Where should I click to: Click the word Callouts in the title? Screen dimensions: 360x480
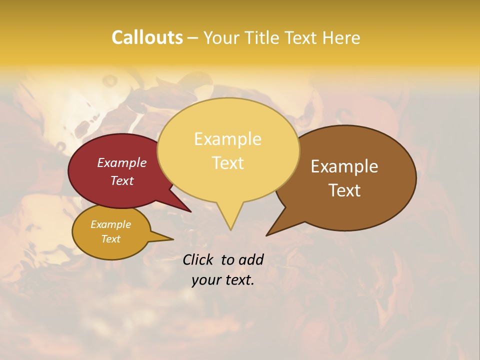coord(147,37)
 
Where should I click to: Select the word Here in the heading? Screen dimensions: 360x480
coord(341,38)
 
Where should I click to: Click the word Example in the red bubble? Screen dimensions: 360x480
coord(122,162)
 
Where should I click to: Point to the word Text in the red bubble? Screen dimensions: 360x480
coord(122,180)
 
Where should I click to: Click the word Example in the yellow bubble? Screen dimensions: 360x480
coord(227,139)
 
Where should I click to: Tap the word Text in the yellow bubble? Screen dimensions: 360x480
coord(227,163)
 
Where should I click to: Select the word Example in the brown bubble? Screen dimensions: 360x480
coord(344,166)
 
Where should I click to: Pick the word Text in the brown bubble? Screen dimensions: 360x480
coord(344,190)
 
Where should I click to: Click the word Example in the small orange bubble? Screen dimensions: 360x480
coord(110,224)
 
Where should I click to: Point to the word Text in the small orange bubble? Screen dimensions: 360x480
coord(110,239)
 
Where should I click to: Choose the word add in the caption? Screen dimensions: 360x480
coord(251,259)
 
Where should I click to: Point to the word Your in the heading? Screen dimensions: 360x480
coord(223,38)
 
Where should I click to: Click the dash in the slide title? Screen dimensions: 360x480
coord(193,38)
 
